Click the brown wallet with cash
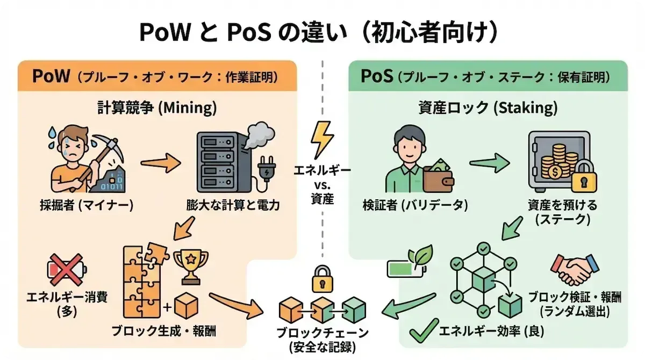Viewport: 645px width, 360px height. pyautogui.click(x=437, y=175)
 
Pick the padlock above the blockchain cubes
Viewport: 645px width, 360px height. pyautogui.click(x=322, y=278)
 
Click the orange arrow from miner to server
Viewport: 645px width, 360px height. pyautogui.click(x=160, y=161)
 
